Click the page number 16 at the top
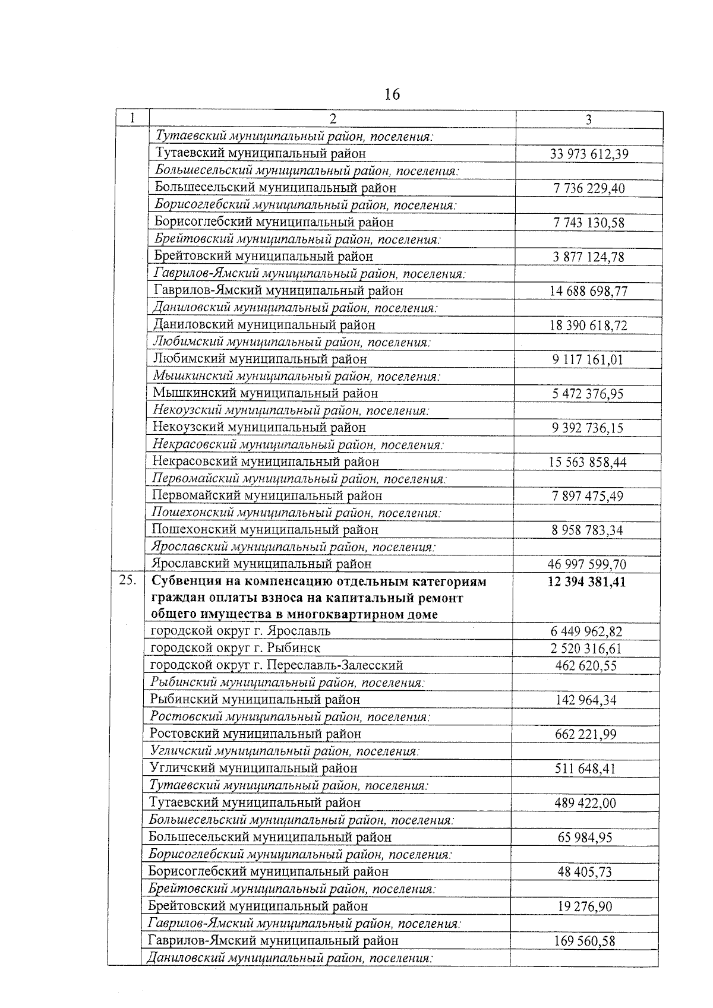(392, 94)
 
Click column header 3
(588, 119)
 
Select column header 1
(131, 118)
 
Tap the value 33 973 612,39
(589, 154)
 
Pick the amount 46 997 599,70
(586, 564)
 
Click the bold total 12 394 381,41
(586, 582)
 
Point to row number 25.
(127, 581)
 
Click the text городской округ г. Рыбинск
(235, 648)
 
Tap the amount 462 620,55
(586, 666)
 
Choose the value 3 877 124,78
(588, 257)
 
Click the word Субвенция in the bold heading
(182, 582)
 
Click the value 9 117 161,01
(588, 360)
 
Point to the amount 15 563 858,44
(588, 462)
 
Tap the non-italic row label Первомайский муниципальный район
(267, 495)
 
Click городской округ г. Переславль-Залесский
(276, 665)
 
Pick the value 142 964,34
(586, 700)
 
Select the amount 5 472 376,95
(588, 394)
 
